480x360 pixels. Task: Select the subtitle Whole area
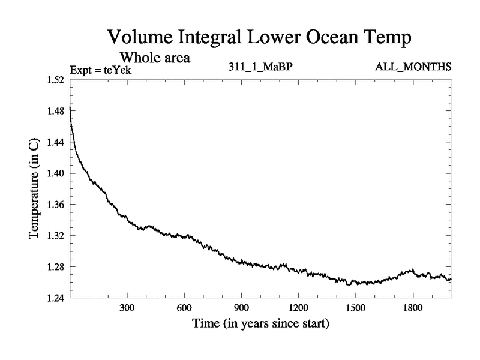155,58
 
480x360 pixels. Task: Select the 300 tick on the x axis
127,308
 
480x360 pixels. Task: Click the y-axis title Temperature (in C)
35,189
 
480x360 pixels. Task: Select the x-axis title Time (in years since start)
260,325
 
